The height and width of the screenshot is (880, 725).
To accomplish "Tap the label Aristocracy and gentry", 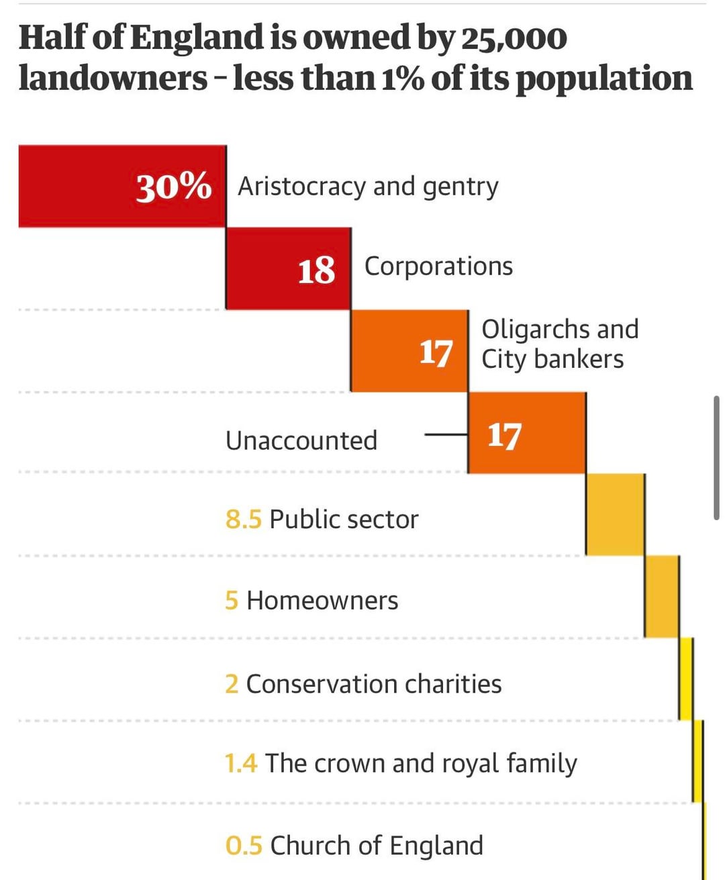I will pyautogui.click(x=368, y=187).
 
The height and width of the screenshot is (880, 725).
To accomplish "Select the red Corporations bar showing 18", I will pyautogui.click(x=288, y=268).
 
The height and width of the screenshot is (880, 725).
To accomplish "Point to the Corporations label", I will pyautogui.click(x=438, y=266).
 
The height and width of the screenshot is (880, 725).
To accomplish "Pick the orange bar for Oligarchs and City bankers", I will pyautogui.click(x=409, y=351).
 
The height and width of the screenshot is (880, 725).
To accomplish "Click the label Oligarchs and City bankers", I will pyautogui.click(x=559, y=344).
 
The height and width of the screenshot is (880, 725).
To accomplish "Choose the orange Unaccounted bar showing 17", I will pyautogui.click(x=526, y=434).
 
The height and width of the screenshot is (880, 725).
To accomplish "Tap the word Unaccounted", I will pyautogui.click(x=301, y=441).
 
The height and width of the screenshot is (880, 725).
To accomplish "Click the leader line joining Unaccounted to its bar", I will pyautogui.click(x=446, y=435).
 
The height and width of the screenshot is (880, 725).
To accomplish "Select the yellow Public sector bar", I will pyautogui.click(x=615, y=515).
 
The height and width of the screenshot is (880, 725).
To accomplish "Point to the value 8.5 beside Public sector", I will pyautogui.click(x=243, y=520).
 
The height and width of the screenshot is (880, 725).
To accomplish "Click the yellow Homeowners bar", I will pyautogui.click(x=661, y=597).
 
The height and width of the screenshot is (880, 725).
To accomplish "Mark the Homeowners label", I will pyautogui.click(x=322, y=601).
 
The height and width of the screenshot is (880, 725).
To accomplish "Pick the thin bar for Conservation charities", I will pyautogui.click(x=685, y=679).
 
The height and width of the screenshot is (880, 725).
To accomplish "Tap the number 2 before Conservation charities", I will pyautogui.click(x=232, y=685).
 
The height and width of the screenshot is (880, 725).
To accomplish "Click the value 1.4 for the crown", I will pyautogui.click(x=241, y=764).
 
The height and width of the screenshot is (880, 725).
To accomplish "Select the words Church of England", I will pyautogui.click(x=377, y=846).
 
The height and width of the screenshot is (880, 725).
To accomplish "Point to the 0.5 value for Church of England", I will pyautogui.click(x=244, y=846).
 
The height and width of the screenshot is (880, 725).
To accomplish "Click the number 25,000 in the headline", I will pyautogui.click(x=514, y=38).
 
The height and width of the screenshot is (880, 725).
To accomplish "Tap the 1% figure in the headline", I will pyautogui.click(x=403, y=79).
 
